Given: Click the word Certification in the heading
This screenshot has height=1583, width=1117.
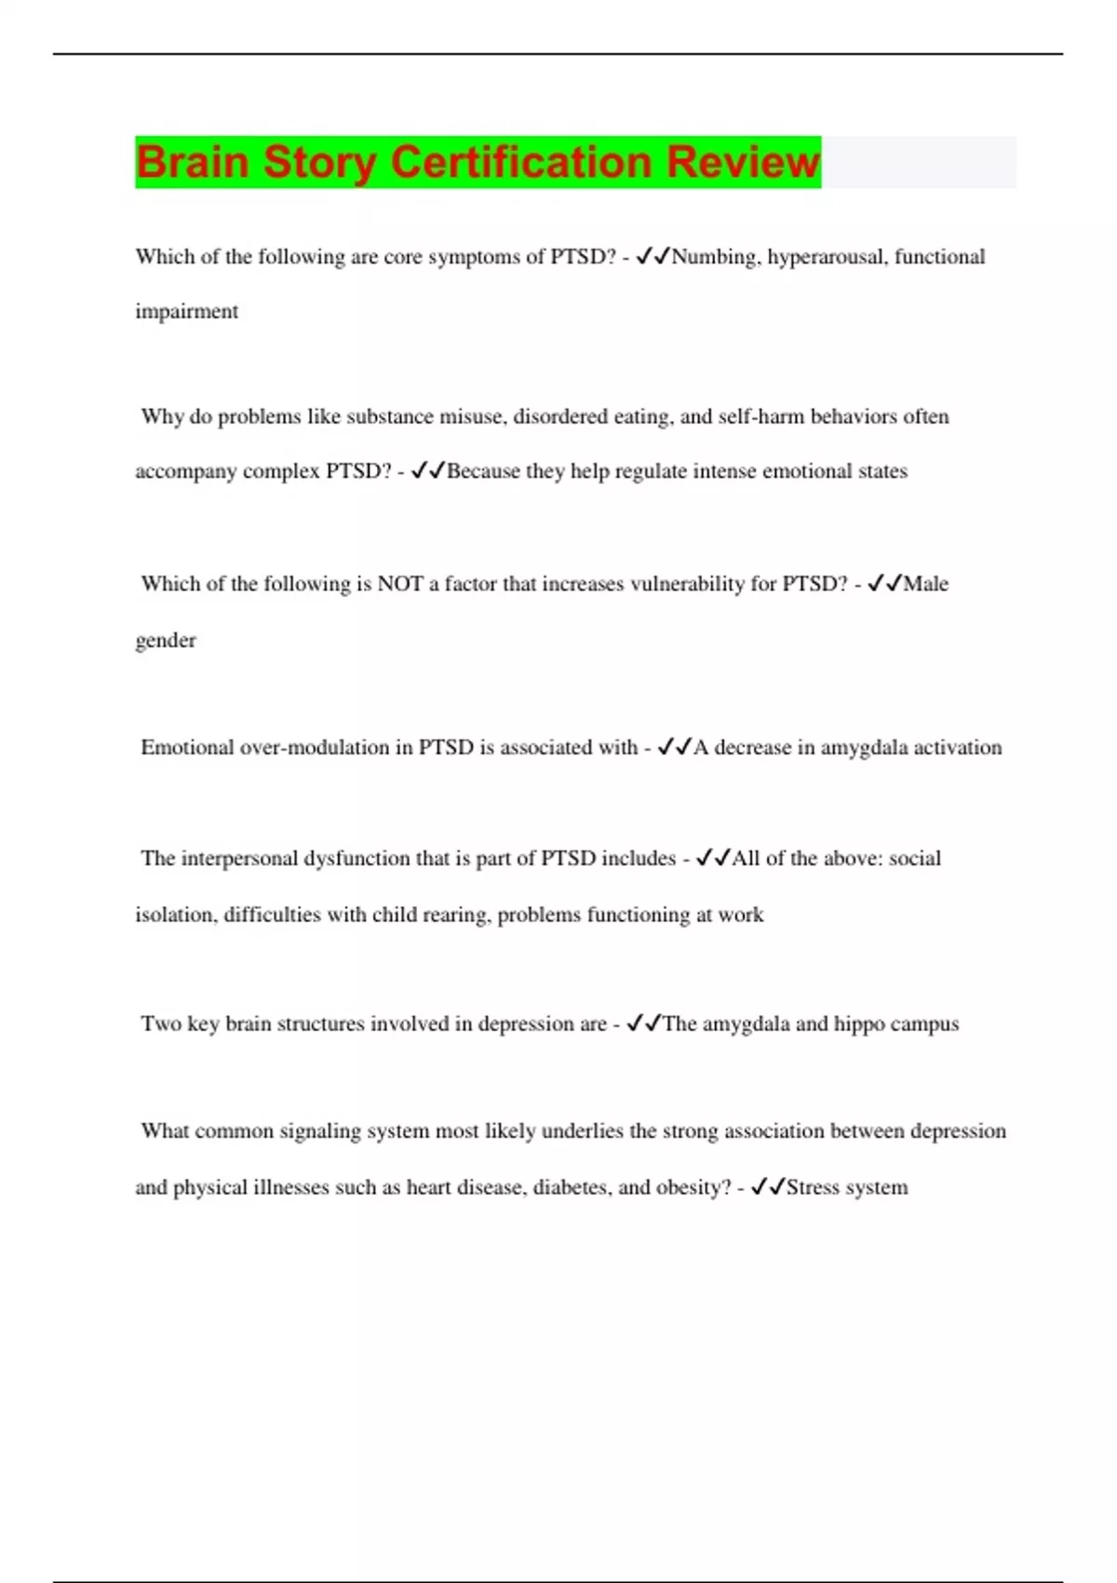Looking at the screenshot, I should [x=521, y=162].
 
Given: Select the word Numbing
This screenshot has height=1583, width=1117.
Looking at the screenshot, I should [x=715, y=257].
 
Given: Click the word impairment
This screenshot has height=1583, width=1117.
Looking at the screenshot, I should [x=187, y=312].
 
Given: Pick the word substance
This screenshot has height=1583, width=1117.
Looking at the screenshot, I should [x=390, y=416].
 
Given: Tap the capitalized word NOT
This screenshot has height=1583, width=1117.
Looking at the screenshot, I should [x=399, y=584].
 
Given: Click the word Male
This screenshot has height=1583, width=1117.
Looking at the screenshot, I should [x=926, y=584].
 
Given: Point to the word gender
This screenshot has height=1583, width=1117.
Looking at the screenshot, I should [x=166, y=641].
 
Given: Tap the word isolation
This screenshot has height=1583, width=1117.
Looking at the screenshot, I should [x=176, y=915].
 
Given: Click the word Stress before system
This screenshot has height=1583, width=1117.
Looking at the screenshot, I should [x=813, y=1188].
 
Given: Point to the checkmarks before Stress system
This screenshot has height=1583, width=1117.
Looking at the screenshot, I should [x=768, y=1187].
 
